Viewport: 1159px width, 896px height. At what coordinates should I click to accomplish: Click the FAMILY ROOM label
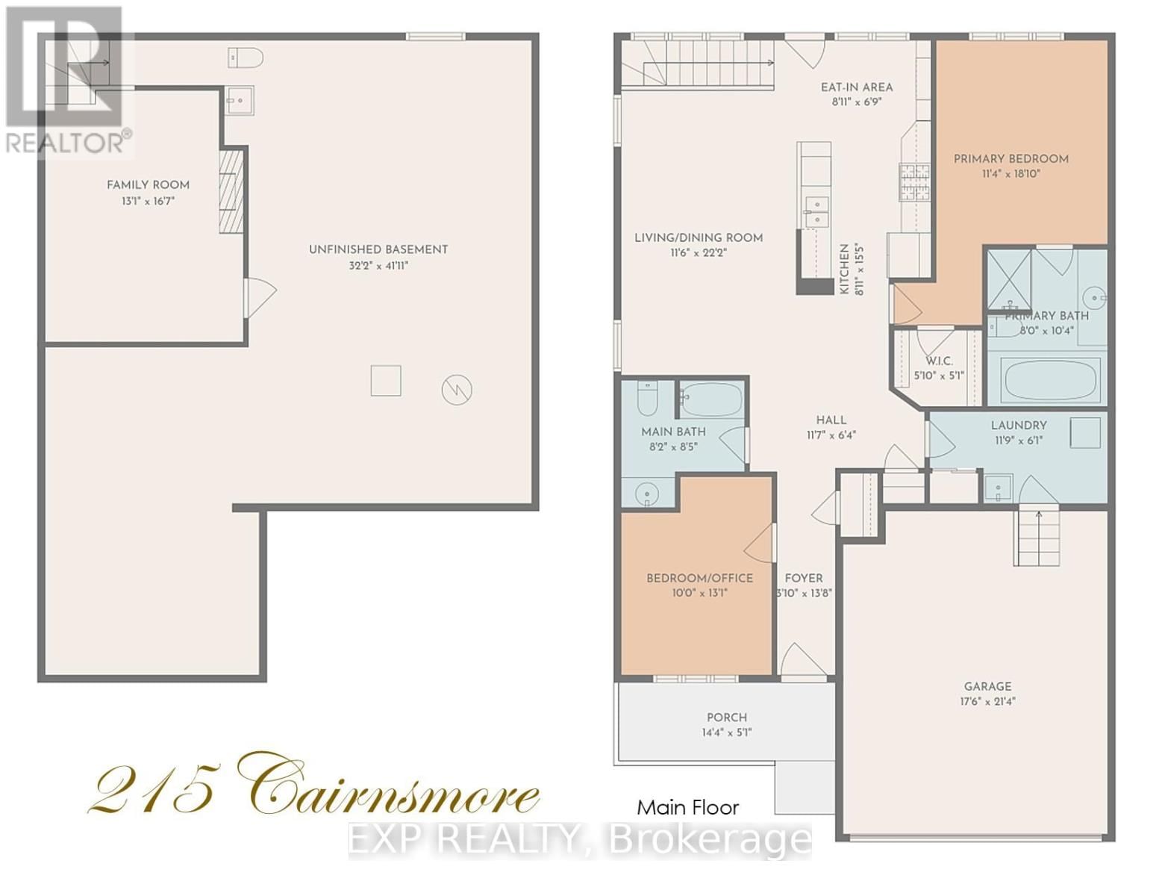[148, 184]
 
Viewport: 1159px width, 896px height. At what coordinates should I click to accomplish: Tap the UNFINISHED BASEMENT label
[378, 249]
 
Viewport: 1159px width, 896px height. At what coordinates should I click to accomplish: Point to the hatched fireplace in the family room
[231, 191]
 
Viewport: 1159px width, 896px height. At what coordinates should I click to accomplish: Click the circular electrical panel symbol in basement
[457, 390]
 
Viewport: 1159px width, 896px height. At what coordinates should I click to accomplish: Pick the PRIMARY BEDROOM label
[1010, 158]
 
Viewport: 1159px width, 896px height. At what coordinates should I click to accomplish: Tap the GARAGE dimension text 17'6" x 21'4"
[987, 701]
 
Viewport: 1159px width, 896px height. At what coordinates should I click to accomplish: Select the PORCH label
[726, 717]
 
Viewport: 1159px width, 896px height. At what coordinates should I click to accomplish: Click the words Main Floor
[687, 807]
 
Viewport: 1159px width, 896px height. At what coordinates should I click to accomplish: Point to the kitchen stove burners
[913, 182]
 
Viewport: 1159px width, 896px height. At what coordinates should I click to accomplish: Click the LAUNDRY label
[1018, 425]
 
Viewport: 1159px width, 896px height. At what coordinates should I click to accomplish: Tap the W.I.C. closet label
[939, 361]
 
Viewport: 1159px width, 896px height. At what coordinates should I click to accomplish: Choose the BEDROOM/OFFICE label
[699, 578]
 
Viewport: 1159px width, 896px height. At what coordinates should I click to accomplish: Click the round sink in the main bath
[646, 493]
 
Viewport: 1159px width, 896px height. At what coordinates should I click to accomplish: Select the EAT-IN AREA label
[856, 87]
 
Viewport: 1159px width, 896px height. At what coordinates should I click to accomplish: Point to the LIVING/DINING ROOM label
[698, 237]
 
